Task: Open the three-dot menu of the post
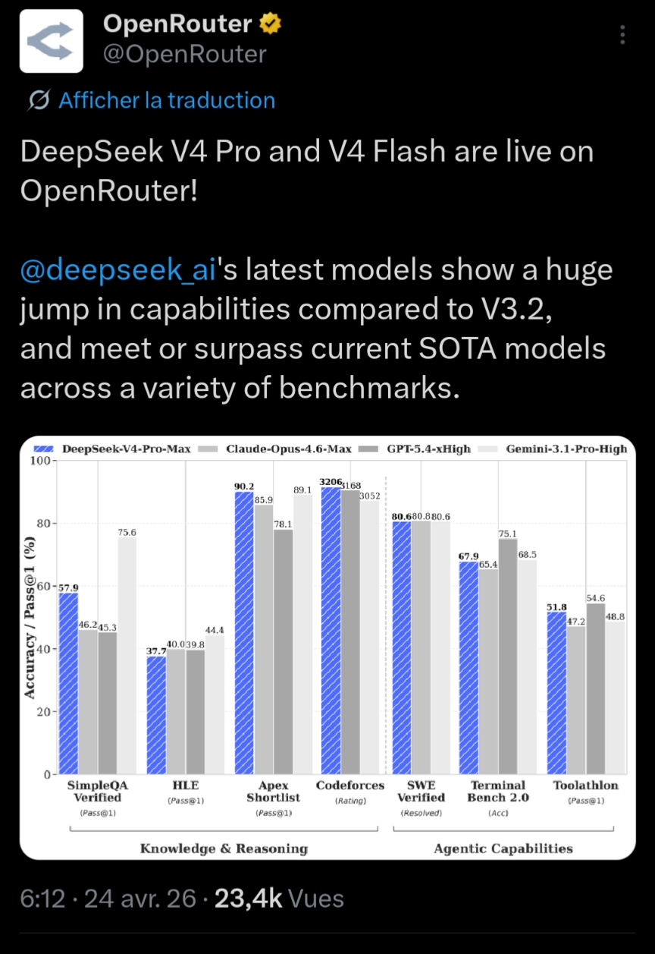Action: pos(622,36)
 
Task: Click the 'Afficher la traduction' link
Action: pos(166,100)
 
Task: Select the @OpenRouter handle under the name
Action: pos(184,55)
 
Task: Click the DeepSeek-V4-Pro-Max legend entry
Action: pos(118,449)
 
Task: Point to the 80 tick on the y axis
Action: pos(43,524)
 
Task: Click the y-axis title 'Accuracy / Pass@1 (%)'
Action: pos(30,619)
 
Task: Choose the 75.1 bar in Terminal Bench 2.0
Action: pos(509,656)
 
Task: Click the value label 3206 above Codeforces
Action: pos(331,481)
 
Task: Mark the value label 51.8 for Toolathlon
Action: pos(556,606)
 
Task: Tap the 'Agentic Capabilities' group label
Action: pos(503,848)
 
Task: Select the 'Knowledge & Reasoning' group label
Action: pos(224,848)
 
